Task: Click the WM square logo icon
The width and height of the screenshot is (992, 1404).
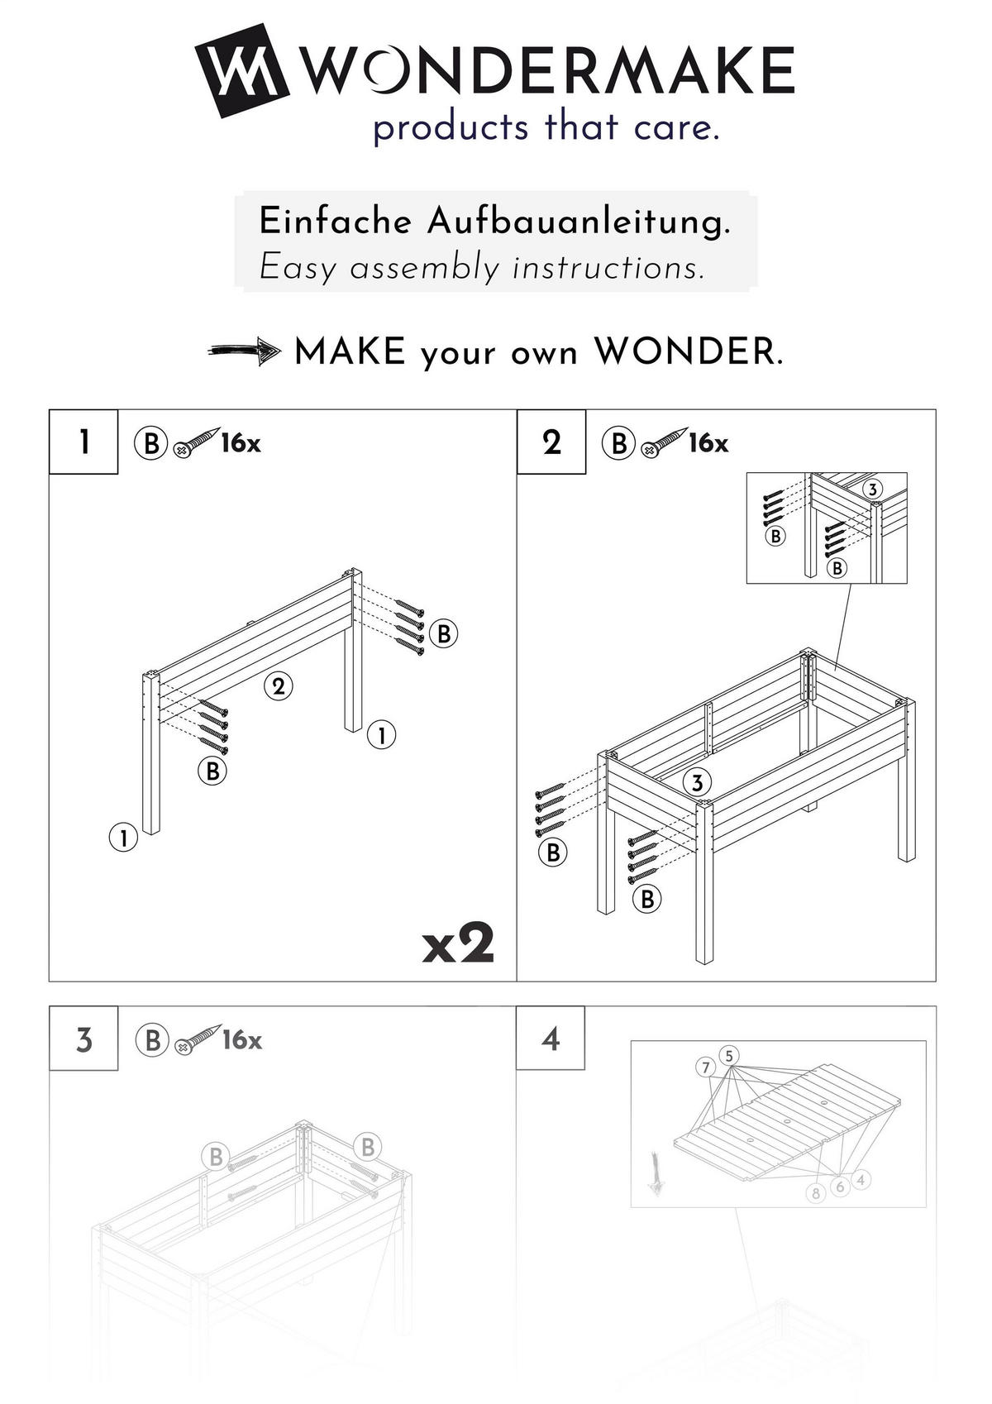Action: tap(241, 71)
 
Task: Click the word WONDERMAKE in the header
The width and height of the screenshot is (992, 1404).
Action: tap(547, 71)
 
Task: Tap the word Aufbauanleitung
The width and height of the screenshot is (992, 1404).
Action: tap(579, 222)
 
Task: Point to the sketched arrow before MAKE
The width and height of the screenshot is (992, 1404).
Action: tap(244, 352)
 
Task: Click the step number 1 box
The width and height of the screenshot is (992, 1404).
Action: tap(83, 442)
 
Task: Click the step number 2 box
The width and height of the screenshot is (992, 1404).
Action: tap(551, 442)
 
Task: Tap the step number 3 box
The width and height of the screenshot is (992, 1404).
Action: tap(83, 1039)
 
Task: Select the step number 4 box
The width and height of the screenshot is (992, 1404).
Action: tap(551, 1039)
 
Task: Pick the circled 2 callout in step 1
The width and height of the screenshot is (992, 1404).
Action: tap(279, 685)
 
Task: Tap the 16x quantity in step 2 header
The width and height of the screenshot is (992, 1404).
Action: tap(708, 443)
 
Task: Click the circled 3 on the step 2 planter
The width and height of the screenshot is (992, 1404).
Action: tap(697, 782)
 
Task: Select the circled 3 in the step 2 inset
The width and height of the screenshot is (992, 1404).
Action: tap(872, 489)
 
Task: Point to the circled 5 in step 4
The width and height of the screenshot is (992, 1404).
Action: tap(728, 1056)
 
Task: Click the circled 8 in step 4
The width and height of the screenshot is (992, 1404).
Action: tap(816, 1193)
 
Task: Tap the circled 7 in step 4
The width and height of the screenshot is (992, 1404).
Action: tap(705, 1067)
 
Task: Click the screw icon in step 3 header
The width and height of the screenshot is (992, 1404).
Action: tap(197, 1039)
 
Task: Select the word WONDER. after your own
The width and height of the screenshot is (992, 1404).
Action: tap(688, 353)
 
